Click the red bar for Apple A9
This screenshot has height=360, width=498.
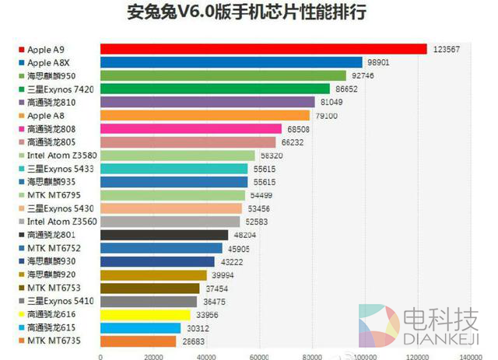click(x=263, y=49)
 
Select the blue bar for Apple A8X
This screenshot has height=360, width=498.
click(x=231, y=62)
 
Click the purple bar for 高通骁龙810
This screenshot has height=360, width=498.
click(x=207, y=102)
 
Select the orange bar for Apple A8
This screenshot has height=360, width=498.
click(x=205, y=115)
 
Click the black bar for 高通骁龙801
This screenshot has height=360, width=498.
click(x=164, y=234)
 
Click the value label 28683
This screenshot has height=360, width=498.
click(x=195, y=341)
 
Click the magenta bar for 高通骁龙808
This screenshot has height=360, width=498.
click(x=191, y=128)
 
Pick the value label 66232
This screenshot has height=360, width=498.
click(x=292, y=142)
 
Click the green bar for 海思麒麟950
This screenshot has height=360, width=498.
click(x=223, y=75)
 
